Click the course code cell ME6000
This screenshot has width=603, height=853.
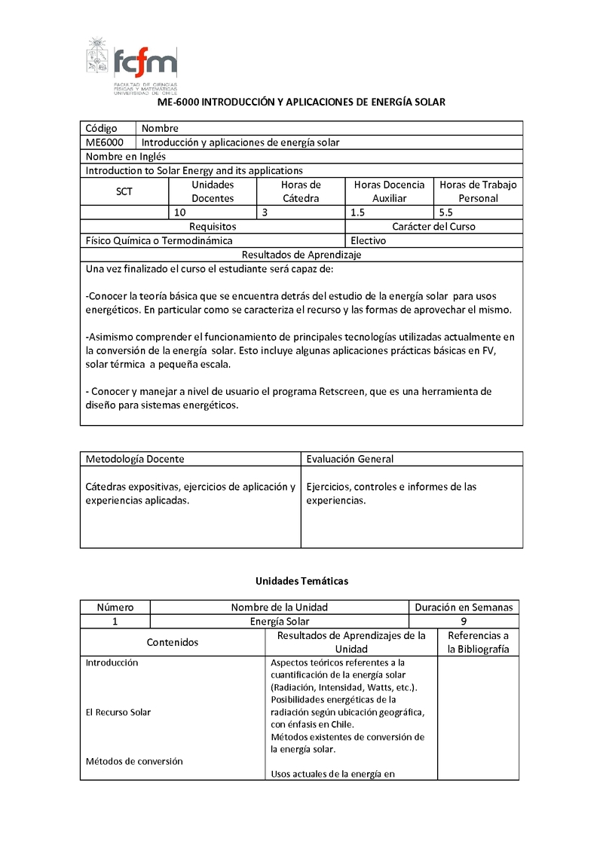105,142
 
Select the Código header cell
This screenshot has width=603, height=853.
102,128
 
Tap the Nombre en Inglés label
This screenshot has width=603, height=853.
126,157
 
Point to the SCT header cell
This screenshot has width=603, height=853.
124,191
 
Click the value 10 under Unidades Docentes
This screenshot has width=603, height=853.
180,212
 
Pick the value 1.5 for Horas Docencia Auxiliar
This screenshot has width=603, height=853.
358,212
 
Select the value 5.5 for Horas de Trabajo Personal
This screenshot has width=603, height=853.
446,212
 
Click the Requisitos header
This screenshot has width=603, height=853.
213,226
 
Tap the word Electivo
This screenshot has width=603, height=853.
369,240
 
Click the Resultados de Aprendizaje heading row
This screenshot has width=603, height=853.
301,255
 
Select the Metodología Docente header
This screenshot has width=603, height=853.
135,458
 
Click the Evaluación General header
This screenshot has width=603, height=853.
350,458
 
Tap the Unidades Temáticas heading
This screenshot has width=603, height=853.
301,581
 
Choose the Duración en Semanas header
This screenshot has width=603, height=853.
464,607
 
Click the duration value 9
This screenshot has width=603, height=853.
464,622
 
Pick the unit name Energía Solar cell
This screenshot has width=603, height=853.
279,622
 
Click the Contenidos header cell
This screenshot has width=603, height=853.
173,642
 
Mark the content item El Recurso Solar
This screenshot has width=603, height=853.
118,712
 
